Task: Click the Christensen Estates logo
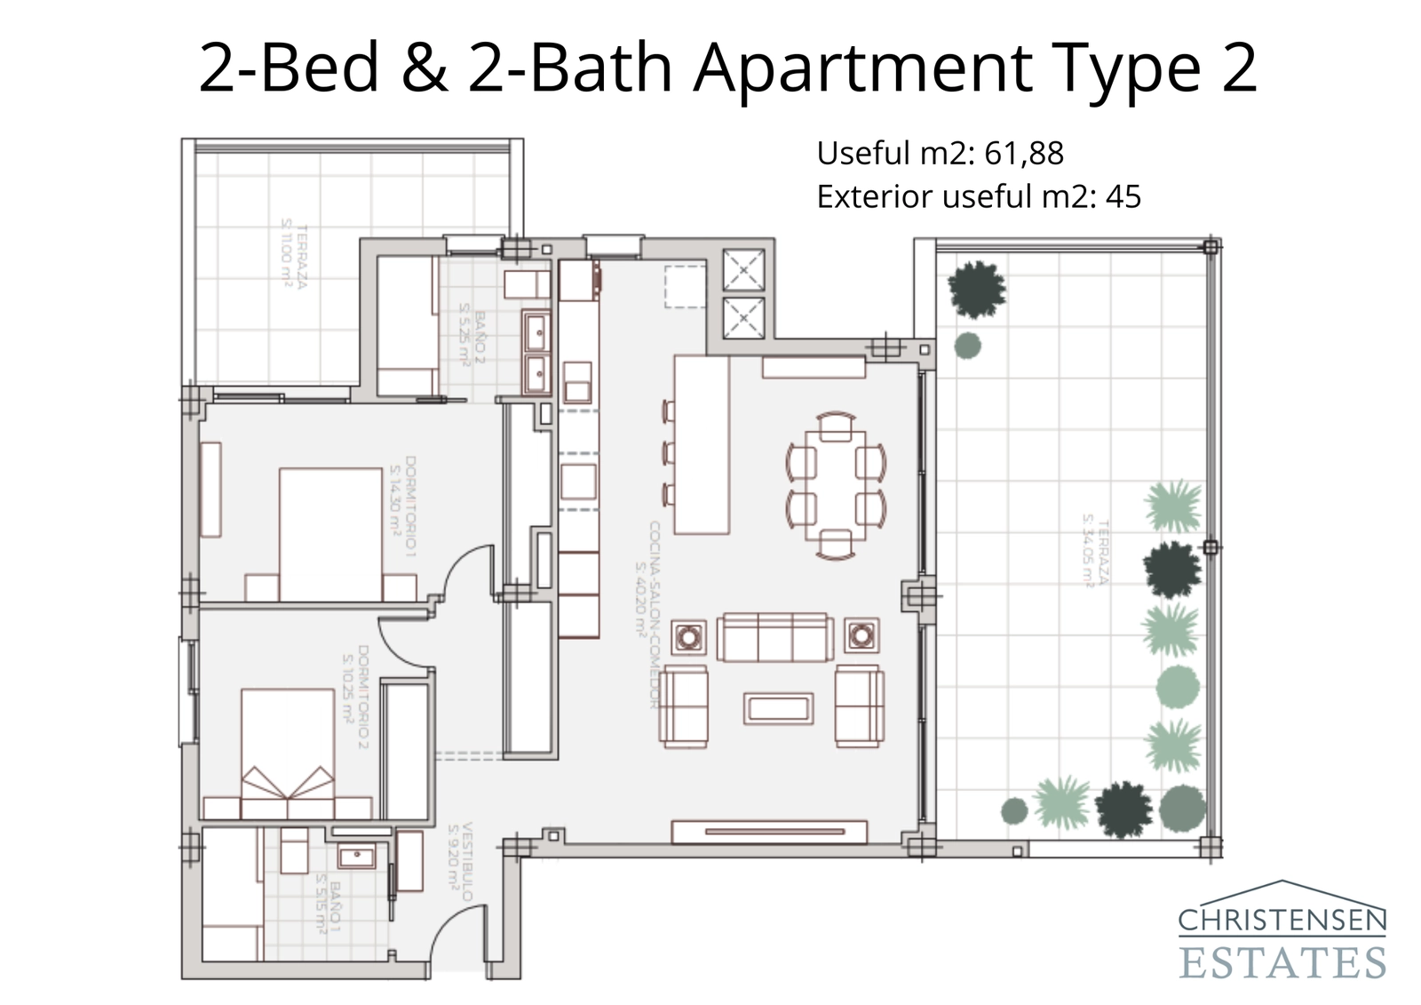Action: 1282,931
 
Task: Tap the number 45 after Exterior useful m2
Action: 1123,196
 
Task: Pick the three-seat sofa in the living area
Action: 774,637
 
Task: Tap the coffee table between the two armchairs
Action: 778,708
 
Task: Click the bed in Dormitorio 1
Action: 330,533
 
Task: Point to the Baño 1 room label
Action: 329,906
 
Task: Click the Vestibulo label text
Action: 459,860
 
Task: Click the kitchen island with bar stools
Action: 702,444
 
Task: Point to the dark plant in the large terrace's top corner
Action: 977,289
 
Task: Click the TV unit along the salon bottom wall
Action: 769,832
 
